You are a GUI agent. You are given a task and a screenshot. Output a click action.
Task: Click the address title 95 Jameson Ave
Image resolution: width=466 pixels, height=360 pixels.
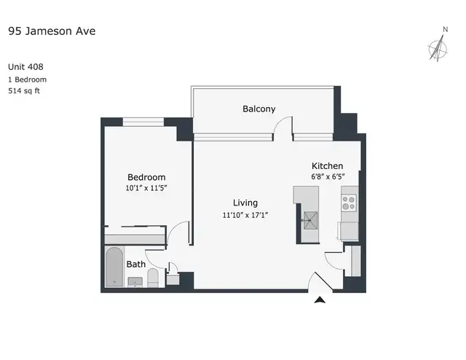coord(52,31)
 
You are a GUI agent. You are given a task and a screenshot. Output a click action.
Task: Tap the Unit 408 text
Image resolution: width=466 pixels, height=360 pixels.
coord(25,66)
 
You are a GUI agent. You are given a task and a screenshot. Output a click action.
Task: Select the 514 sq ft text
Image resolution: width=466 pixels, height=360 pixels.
coord(24,91)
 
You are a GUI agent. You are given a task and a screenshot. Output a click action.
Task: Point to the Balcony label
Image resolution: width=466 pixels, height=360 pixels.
coord(259,109)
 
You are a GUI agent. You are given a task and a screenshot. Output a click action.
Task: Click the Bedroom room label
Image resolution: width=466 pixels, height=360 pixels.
coord(146,177)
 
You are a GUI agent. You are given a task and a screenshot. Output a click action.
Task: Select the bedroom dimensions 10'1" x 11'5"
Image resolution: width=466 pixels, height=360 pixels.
coord(146,188)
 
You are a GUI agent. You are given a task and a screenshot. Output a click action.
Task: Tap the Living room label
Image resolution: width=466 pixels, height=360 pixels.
coord(245,203)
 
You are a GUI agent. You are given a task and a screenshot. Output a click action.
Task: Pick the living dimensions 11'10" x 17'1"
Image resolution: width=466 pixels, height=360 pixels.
coord(245,215)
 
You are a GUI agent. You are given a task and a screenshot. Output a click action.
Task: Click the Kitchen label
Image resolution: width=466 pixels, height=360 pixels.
coord(327,165)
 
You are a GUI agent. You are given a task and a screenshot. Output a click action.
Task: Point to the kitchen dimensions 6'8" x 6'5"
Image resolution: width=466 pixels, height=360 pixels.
coord(328,176)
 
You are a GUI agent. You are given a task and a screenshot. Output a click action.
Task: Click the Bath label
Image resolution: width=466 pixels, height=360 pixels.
coord(136,265)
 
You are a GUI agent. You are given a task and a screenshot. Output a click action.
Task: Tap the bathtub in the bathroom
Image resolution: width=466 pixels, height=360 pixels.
coord(114,267)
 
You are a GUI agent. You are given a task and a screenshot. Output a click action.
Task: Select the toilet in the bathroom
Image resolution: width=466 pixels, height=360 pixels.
coord(153,278)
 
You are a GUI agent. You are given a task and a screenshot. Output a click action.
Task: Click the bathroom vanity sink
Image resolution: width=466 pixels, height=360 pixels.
coord(135,282)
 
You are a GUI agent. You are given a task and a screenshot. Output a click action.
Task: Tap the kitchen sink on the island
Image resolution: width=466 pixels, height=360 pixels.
coord(311,221)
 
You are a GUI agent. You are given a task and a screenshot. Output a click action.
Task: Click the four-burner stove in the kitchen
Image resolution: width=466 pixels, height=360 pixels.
coord(349,203)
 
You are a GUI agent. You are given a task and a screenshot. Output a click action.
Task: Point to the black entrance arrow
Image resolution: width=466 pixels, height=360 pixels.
coord(320,300)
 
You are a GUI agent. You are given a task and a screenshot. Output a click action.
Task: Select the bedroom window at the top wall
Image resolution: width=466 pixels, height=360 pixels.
coord(143,122)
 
